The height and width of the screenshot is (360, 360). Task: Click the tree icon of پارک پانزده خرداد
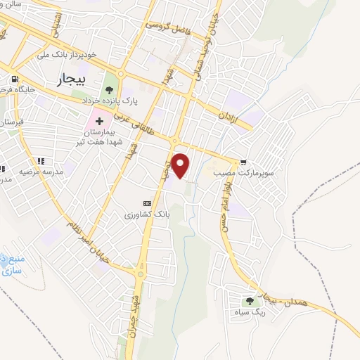point(108,89)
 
